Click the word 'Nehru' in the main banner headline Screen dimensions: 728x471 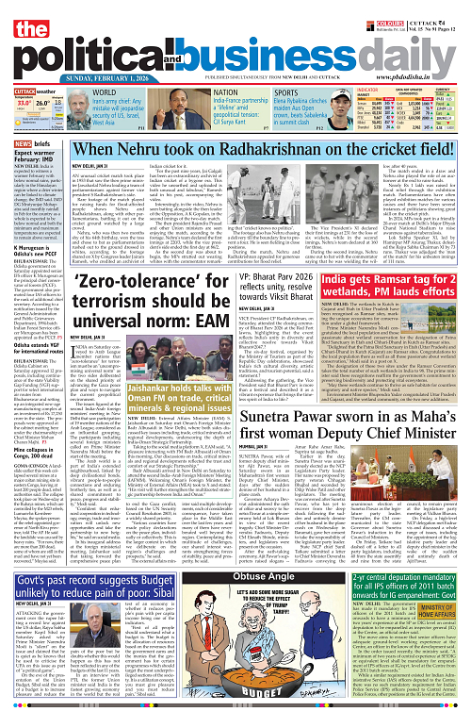tap(154, 150)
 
